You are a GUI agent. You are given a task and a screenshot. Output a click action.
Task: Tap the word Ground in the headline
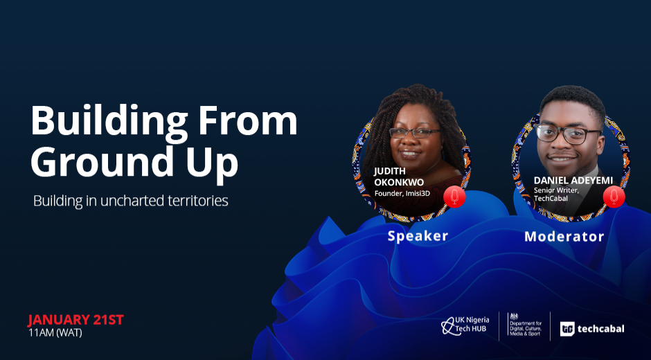(96, 161)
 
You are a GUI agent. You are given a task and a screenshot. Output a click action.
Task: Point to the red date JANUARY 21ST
(75, 320)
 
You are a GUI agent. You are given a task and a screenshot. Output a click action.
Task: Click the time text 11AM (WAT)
(55, 332)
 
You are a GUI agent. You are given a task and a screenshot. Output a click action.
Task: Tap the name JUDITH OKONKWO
(399, 177)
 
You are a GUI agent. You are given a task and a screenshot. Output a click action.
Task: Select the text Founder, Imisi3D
(402, 193)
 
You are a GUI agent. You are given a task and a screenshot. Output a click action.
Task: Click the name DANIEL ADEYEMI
(573, 181)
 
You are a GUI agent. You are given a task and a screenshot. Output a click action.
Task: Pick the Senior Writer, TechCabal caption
(555, 195)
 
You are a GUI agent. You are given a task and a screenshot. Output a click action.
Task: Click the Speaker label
(418, 236)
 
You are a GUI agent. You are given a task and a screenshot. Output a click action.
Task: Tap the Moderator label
(564, 236)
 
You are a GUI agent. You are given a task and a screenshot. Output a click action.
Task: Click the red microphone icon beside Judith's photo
(454, 197)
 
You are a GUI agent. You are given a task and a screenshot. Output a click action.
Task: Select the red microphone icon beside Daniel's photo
(614, 197)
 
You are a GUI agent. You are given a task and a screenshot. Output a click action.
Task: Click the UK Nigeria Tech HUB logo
(465, 325)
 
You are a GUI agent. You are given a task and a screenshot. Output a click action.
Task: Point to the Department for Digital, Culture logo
(525, 325)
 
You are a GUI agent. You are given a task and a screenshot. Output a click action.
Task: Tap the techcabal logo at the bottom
(592, 329)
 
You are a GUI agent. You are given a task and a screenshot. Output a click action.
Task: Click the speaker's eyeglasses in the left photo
(415, 133)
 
